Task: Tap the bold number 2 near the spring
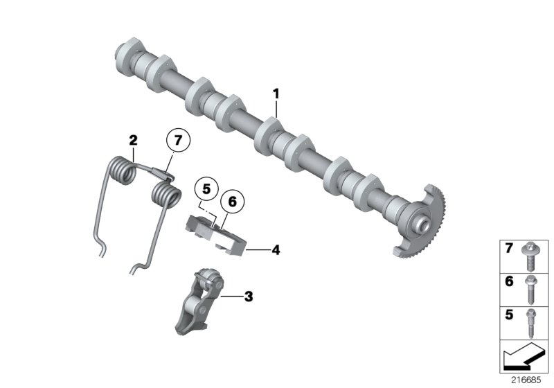pyautogui.click(x=133, y=140)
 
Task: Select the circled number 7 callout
pyautogui.click(x=177, y=141)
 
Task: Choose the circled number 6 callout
pyautogui.click(x=232, y=202)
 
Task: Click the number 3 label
pyautogui.click(x=248, y=297)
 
